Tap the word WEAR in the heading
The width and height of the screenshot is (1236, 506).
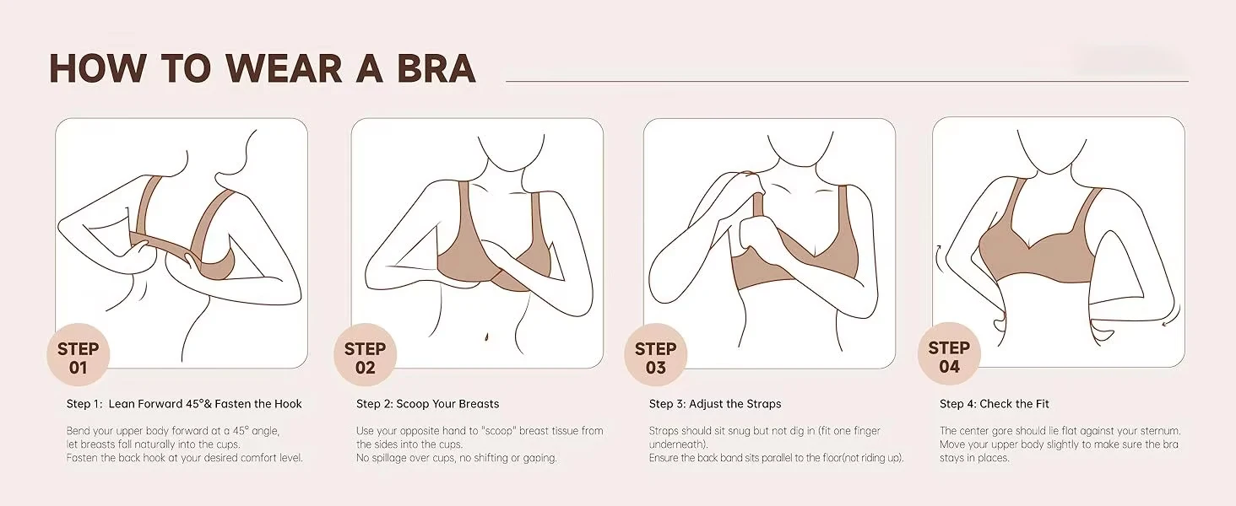(x=284, y=68)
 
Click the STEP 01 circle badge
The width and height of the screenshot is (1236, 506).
(x=79, y=355)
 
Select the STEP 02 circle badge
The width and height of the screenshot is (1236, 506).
(x=365, y=355)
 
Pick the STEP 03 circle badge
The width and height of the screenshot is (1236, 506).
(x=655, y=355)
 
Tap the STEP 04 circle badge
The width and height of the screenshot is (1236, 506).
(x=949, y=354)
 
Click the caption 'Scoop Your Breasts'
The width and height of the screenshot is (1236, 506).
(x=447, y=404)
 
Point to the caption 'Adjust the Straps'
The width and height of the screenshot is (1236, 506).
(x=735, y=404)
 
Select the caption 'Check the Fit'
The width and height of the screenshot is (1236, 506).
(x=1014, y=404)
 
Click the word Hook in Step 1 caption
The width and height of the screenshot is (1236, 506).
(x=288, y=404)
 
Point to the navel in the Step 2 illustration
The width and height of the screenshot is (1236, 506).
(x=486, y=336)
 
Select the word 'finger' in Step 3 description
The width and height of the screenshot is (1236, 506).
(x=865, y=431)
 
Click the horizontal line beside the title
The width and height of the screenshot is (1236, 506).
(x=847, y=82)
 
